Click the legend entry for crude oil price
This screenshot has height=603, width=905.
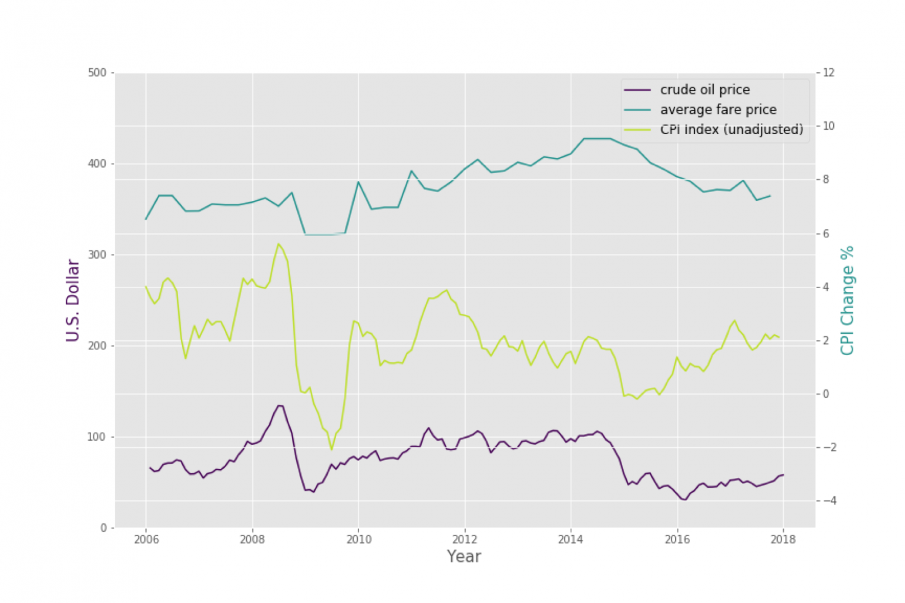click(x=705, y=90)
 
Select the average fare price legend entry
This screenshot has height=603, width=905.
click(x=718, y=110)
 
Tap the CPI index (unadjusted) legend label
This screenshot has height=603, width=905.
click(x=731, y=130)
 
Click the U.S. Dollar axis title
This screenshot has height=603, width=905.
click(x=73, y=301)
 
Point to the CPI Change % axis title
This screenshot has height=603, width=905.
click(x=848, y=301)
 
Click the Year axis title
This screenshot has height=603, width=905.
click(x=463, y=557)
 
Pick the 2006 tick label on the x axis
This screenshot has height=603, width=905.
click(x=146, y=540)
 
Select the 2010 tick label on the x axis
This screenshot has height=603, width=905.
click(x=358, y=540)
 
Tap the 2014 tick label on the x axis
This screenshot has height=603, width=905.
click(x=571, y=540)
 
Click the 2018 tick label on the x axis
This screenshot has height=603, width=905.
click(x=783, y=540)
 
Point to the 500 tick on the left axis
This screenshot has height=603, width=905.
click(x=97, y=73)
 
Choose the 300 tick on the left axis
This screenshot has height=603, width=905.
click(x=97, y=255)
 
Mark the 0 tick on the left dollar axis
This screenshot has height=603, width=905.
click(x=104, y=528)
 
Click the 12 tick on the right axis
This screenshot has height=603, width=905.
click(x=829, y=73)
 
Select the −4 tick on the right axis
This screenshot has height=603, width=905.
click(x=827, y=501)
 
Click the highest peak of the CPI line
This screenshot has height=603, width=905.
click(x=278, y=244)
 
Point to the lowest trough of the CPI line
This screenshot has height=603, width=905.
click(x=331, y=450)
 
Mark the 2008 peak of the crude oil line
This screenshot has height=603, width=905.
click(x=280, y=406)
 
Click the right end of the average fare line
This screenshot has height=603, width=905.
click(x=770, y=196)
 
